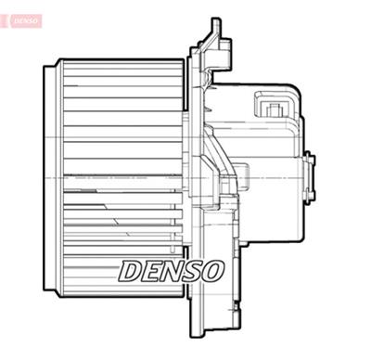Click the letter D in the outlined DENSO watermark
click(x=132, y=271)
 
